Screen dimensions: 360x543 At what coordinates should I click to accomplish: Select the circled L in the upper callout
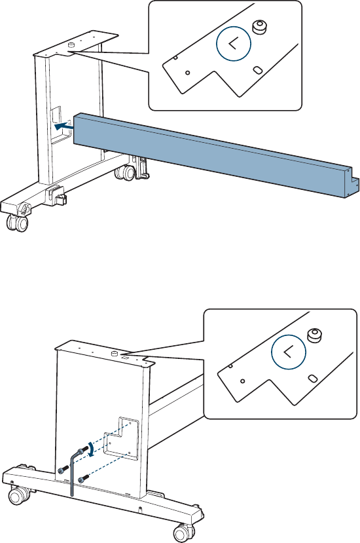click(234, 44)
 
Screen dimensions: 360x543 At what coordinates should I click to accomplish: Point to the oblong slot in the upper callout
click(257, 70)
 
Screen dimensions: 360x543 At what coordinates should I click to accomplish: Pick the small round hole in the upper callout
click(188, 73)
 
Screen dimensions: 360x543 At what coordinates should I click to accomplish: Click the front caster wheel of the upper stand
click(16, 222)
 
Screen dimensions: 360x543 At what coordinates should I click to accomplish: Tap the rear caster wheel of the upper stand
click(126, 172)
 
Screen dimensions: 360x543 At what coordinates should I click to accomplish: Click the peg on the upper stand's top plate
click(71, 45)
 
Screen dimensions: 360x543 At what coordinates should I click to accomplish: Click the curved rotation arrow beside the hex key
click(91, 449)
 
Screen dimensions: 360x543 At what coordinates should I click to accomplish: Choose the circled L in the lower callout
click(289, 352)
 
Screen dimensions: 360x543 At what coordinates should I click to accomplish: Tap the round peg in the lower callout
click(314, 335)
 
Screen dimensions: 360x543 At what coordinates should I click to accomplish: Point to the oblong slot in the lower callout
click(312, 378)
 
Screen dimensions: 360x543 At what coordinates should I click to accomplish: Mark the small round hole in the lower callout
click(242, 381)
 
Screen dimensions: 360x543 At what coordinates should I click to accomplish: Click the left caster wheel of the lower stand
click(19, 495)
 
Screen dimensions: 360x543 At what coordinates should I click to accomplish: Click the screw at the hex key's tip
click(83, 449)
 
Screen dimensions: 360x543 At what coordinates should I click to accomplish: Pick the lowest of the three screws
click(82, 479)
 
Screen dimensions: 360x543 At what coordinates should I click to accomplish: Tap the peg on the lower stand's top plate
click(113, 353)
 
